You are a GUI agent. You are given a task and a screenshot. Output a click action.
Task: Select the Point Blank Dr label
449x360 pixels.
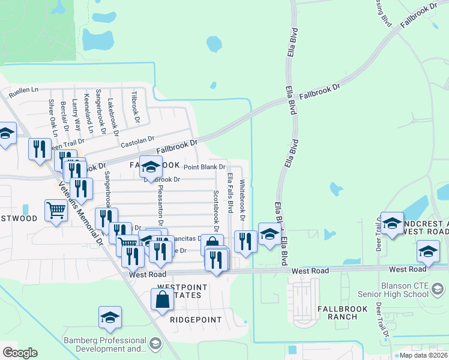[x=204, y=167]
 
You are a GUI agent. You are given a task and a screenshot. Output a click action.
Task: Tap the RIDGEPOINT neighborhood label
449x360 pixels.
[x=196, y=320]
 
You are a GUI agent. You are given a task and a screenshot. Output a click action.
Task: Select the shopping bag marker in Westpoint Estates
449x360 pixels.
[x=163, y=299]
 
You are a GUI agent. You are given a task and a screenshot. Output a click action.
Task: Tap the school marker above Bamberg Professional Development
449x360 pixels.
[x=110, y=317]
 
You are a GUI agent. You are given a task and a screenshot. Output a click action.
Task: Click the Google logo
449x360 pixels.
[x=20, y=353]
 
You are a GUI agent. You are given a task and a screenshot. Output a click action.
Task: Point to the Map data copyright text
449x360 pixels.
[x=424, y=355]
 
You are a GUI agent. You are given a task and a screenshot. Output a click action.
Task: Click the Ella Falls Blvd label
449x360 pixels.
[x=230, y=192]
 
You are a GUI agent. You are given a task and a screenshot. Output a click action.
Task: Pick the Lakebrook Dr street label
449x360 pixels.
[x=110, y=115]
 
